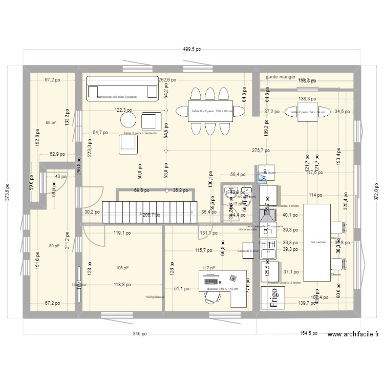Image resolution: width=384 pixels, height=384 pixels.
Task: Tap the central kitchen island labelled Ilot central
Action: (317, 242)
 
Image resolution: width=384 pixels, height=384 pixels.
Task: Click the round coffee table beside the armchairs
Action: (128, 119)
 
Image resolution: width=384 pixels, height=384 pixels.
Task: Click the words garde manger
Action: (281, 77)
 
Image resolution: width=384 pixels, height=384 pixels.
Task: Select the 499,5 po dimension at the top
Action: (192, 50)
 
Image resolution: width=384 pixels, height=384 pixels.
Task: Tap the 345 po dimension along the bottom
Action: (139, 333)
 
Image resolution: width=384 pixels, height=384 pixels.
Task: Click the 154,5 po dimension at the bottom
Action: (307, 333)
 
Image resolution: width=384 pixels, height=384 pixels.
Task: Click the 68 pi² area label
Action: (50, 122)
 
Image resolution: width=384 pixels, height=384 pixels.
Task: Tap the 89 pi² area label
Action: (54, 246)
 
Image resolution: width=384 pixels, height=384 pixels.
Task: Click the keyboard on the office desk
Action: (211, 281)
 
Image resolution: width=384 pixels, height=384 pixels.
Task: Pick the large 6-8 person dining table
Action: (210, 111)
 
